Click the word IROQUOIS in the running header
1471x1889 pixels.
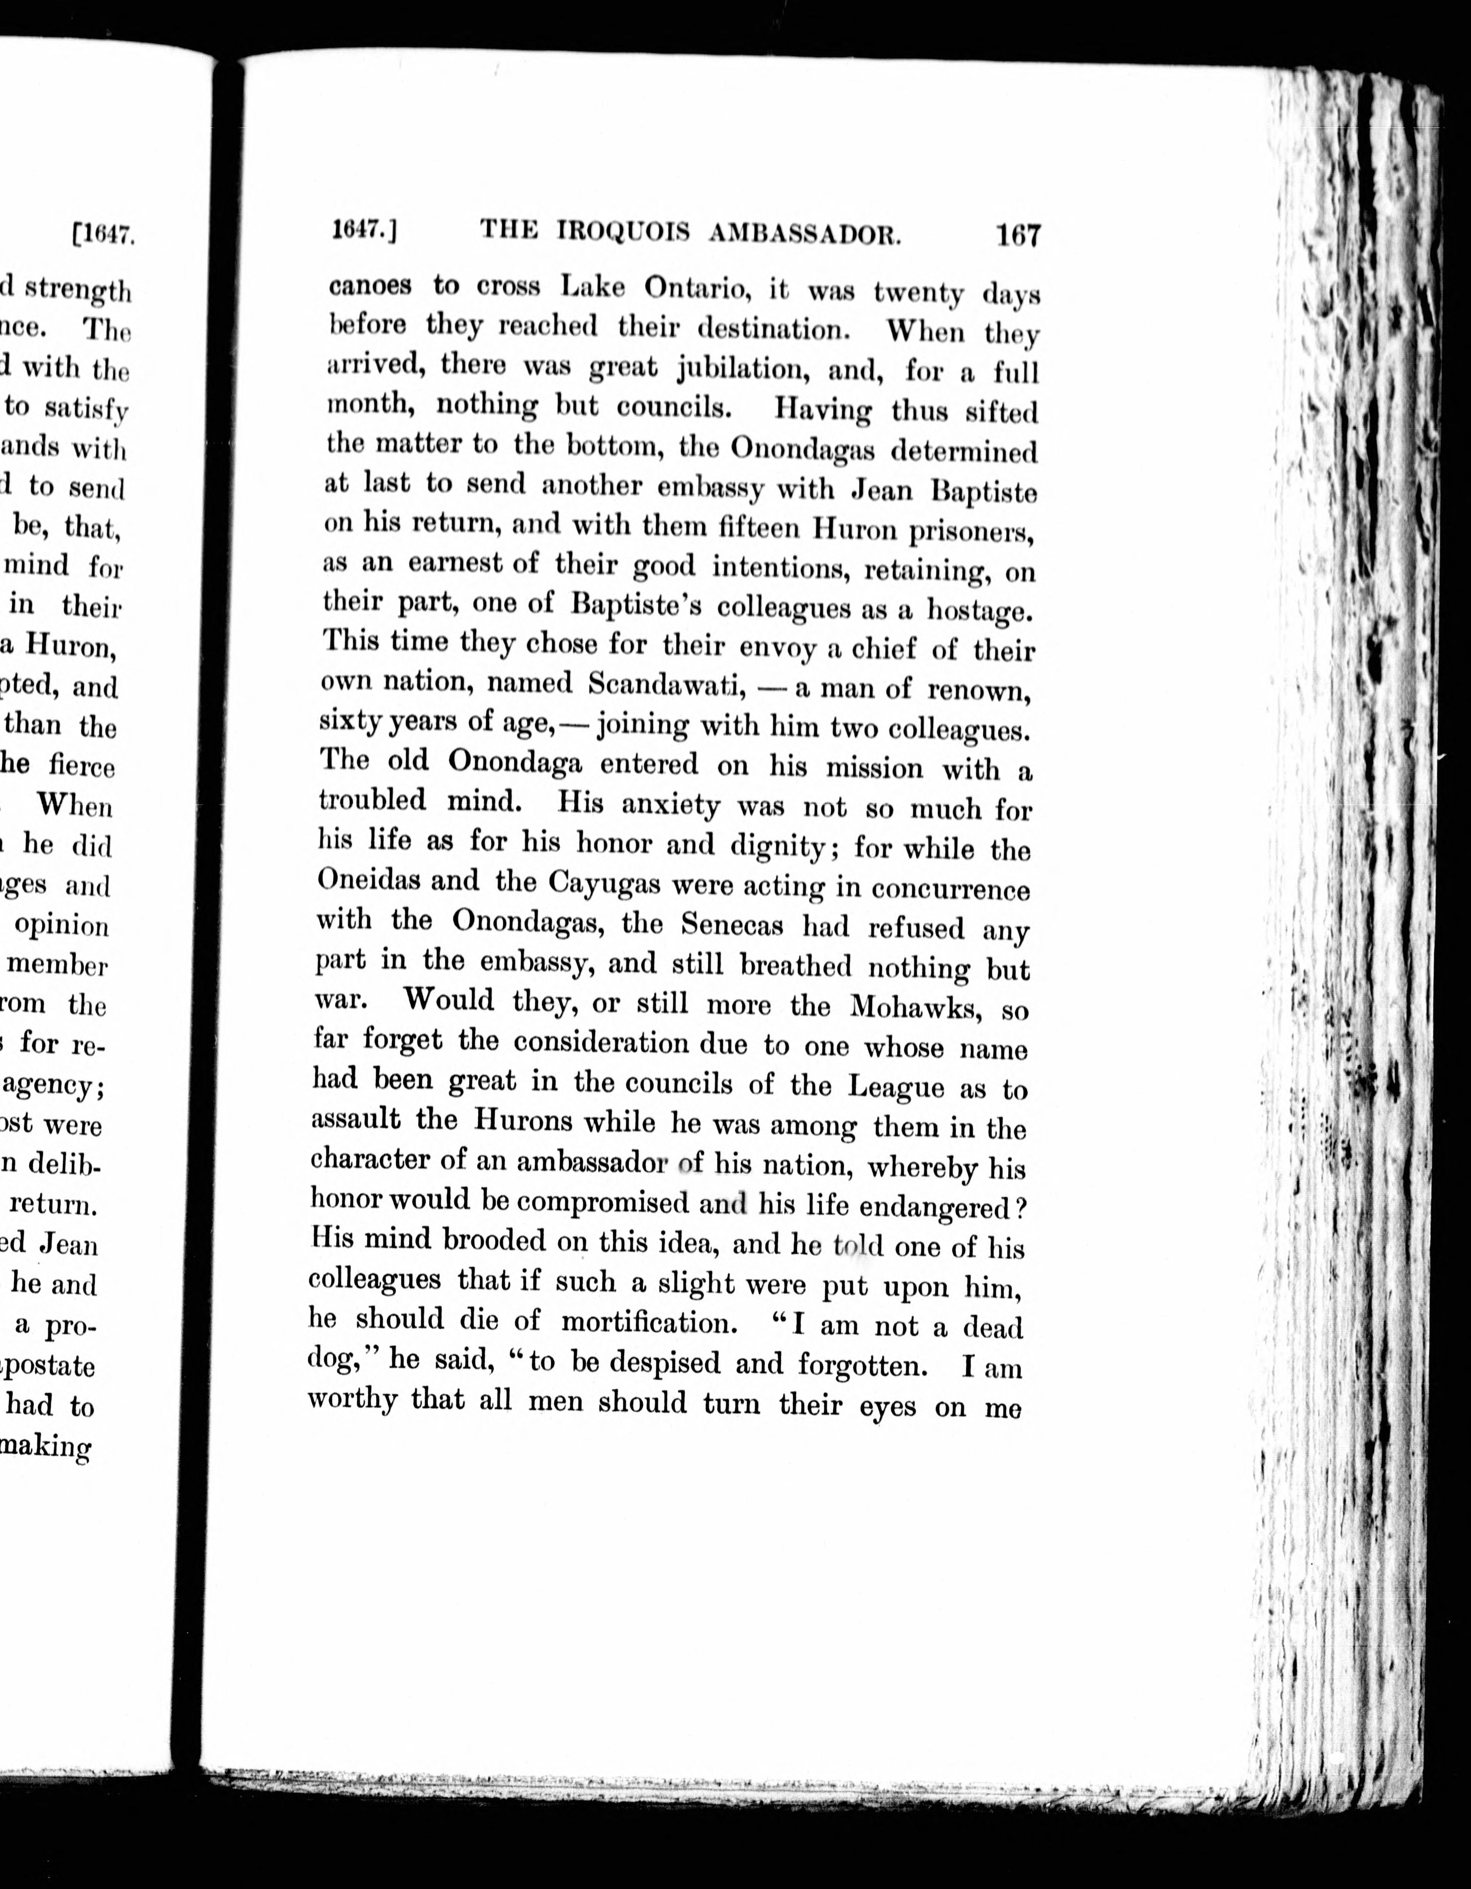[x=623, y=232]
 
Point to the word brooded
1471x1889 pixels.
[x=494, y=1241]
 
